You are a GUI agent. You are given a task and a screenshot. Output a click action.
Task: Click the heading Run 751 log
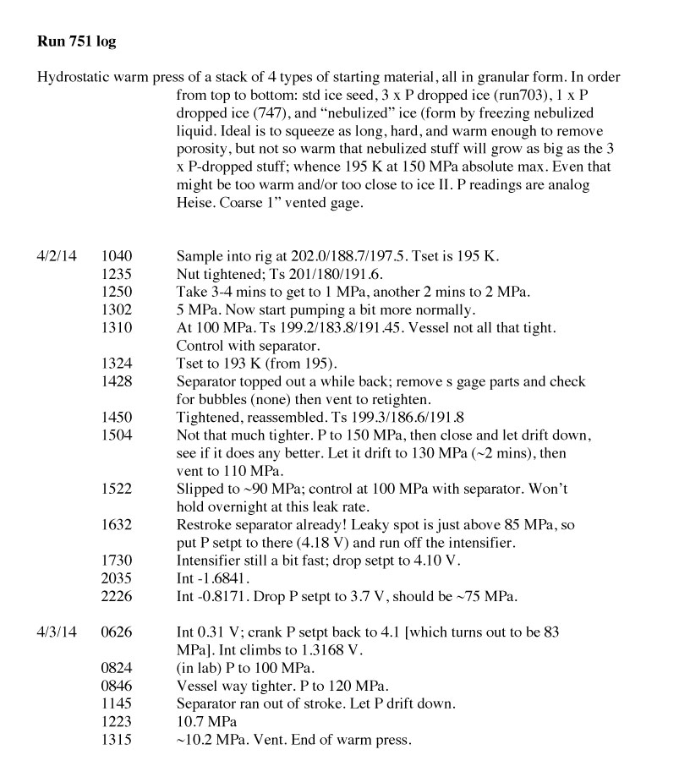tap(82, 40)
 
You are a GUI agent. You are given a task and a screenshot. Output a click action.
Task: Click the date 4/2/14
tap(55, 254)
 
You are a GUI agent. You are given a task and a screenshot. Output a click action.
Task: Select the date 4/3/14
tap(55, 632)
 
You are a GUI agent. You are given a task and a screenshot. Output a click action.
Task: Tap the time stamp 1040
tap(116, 254)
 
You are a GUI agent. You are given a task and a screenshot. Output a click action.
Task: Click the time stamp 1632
tap(116, 524)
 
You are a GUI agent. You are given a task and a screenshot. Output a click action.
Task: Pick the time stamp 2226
tap(116, 597)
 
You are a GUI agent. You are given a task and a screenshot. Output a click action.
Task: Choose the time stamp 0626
tap(116, 632)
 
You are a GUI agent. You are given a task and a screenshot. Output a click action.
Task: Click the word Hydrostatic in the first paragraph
tap(75, 77)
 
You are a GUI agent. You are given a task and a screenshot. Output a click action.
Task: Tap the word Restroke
tap(205, 524)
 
